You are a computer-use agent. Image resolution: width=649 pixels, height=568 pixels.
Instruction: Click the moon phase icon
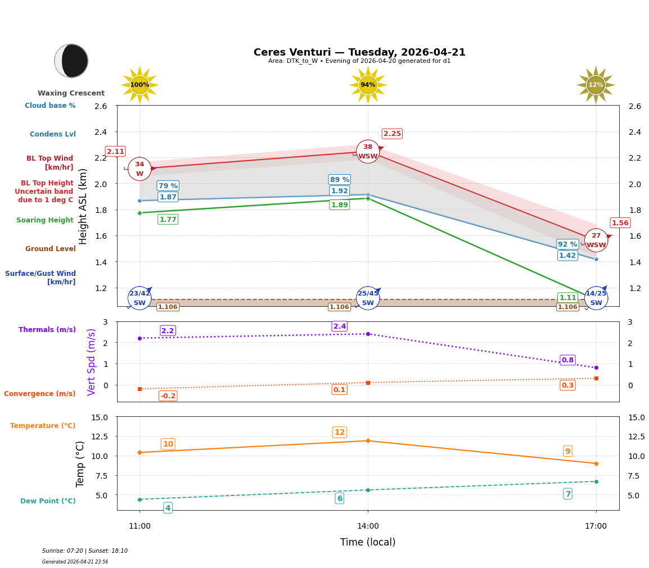[x=71, y=61]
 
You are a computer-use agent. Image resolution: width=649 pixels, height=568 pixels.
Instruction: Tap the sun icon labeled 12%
[x=596, y=85]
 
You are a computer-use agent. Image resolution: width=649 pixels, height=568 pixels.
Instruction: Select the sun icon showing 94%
[x=368, y=85]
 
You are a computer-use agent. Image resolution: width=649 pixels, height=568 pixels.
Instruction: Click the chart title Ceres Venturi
[x=359, y=52]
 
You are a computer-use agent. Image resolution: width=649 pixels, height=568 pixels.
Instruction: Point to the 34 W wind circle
[x=139, y=169]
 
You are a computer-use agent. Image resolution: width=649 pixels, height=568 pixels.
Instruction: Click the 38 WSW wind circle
[x=368, y=152]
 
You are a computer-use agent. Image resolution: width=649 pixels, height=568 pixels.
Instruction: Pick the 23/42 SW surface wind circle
[x=139, y=298]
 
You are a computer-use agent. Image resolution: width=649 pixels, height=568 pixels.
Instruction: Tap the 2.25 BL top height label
[x=392, y=134]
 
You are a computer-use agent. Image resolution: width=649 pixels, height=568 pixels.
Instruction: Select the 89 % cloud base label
[x=339, y=180]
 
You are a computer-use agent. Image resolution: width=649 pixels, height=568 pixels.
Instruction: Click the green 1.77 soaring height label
[x=168, y=220]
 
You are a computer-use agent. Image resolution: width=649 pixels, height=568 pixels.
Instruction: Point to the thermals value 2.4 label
[x=340, y=326]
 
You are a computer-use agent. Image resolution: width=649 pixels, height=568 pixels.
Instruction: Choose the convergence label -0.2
[x=168, y=396]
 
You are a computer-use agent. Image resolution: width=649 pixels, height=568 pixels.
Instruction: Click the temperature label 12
[x=340, y=433]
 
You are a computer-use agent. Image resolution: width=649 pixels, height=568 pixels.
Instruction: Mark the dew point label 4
[x=168, y=508]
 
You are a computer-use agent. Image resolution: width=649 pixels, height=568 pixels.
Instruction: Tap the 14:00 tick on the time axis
[x=368, y=526]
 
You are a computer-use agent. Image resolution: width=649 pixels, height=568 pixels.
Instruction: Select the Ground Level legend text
[x=51, y=249]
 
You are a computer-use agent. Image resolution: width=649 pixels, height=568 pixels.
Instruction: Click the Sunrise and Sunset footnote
[x=85, y=551]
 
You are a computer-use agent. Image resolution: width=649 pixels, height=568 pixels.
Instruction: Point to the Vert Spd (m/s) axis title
[x=92, y=362]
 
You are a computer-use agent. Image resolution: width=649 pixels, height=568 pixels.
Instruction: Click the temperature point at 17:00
[x=596, y=464]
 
